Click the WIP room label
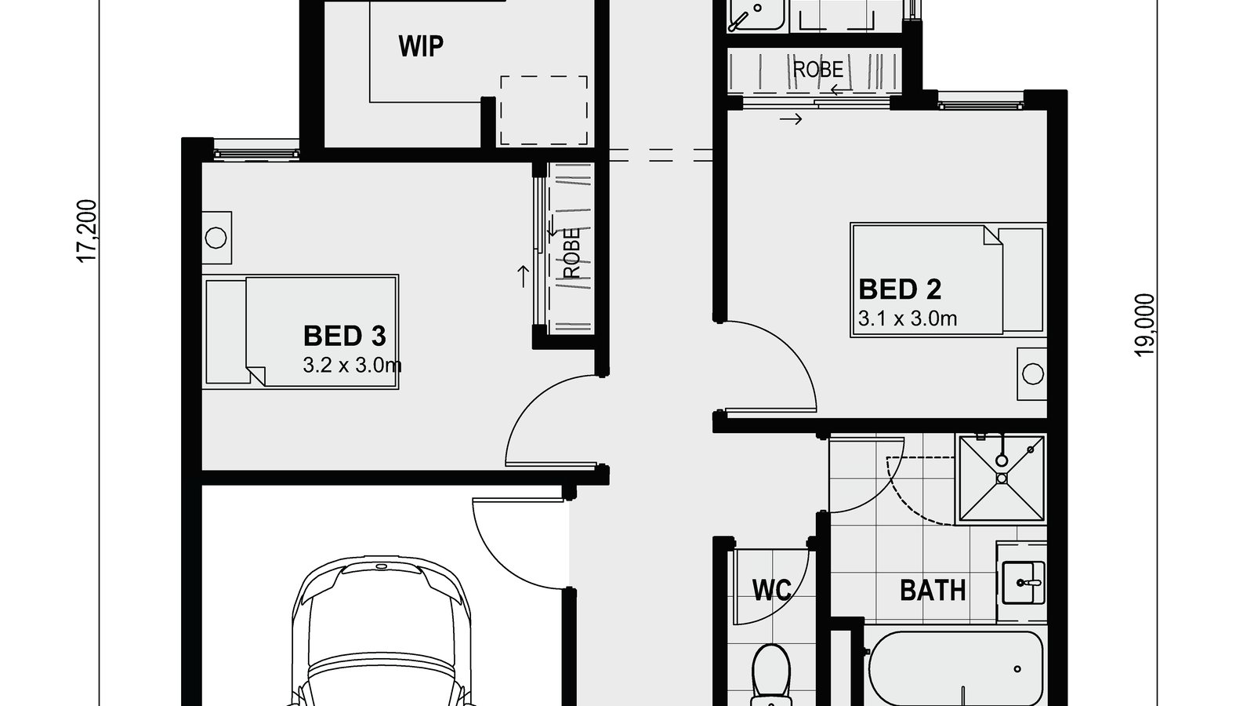(421, 46)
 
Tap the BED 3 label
(344, 337)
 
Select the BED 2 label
(899, 289)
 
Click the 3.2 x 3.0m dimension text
(352, 365)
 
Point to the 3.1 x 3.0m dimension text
(908, 318)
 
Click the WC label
(771, 590)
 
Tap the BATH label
(933, 590)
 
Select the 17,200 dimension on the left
(87, 231)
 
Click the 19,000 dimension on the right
(1145, 325)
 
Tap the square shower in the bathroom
(1002, 478)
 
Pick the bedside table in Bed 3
(216, 237)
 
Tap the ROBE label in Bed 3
(571, 253)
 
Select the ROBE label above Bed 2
(818, 70)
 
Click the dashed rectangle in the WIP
(544, 110)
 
